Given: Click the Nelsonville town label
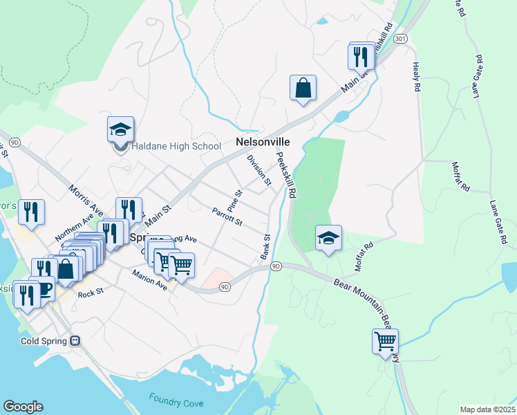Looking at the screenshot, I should coord(263,142).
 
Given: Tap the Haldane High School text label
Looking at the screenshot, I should coord(176,146).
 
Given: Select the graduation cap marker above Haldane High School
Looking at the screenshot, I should coord(120,129).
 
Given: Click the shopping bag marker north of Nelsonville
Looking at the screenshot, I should coord(303,89).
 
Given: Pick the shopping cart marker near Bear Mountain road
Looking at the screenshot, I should coord(385,340).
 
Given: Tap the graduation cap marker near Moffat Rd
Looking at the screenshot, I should coord(328,239).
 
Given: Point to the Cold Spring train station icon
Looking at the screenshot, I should coord(75,341).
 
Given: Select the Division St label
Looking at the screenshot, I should coord(259,170).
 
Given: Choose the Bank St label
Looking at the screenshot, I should coord(265,247).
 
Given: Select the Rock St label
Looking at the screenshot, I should coord(90,293).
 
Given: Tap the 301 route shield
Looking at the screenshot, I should coord(400,39).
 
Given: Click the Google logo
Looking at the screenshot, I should coord(23,407).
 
